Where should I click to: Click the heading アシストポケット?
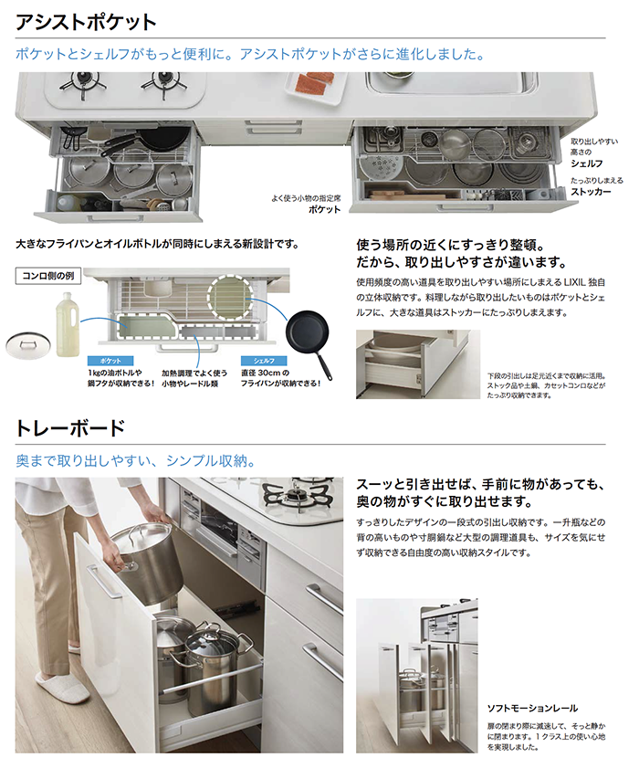(86, 22)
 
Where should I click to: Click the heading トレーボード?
(70, 428)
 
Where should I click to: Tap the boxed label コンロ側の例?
(48, 276)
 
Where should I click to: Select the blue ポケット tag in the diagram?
(110, 361)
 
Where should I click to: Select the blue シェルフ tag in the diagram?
(264, 361)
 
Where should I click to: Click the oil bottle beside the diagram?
(68, 324)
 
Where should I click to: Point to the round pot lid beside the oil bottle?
(28, 344)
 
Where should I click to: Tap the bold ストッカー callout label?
(591, 192)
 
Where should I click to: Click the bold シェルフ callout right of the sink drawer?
(587, 163)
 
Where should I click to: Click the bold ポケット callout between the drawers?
(324, 210)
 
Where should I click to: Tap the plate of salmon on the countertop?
(317, 87)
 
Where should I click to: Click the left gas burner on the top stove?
(83, 83)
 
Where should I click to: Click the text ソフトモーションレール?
(532, 709)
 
